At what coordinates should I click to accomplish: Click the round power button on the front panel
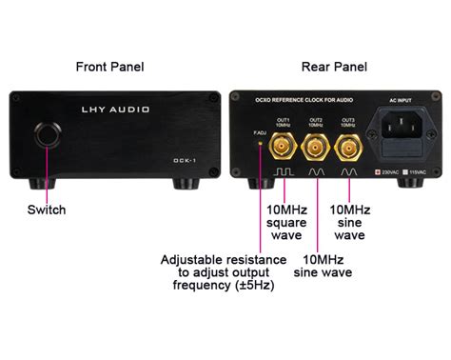pos(44,136)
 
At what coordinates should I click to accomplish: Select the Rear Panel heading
pos(334,67)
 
